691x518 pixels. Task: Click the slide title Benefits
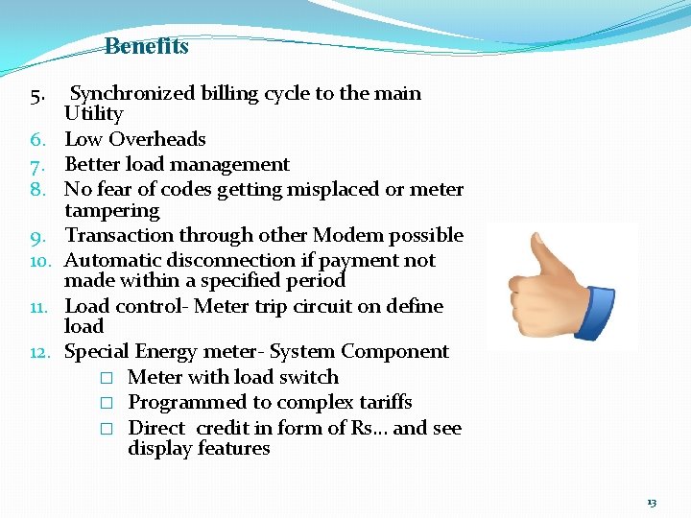click(146, 46)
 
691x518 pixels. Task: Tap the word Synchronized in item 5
click(131, 93)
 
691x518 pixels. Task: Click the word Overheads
click(157, 139)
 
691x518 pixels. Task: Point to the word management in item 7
click(233, 165)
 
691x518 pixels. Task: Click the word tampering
click(111, 210)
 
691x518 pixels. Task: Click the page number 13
click(652, 503)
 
